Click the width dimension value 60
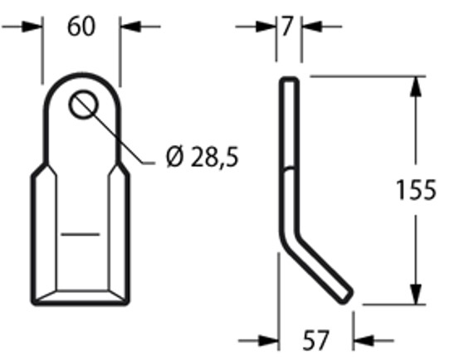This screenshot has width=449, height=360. [81, 27]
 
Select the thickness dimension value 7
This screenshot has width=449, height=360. [287, 27]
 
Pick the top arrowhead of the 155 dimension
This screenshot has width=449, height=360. [412, 84]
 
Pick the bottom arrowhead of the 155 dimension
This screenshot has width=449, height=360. [412, 296]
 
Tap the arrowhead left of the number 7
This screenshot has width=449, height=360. [268, 27]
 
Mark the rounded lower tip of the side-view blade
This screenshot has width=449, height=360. [348, 294]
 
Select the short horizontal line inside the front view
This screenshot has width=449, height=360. [80, 235]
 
